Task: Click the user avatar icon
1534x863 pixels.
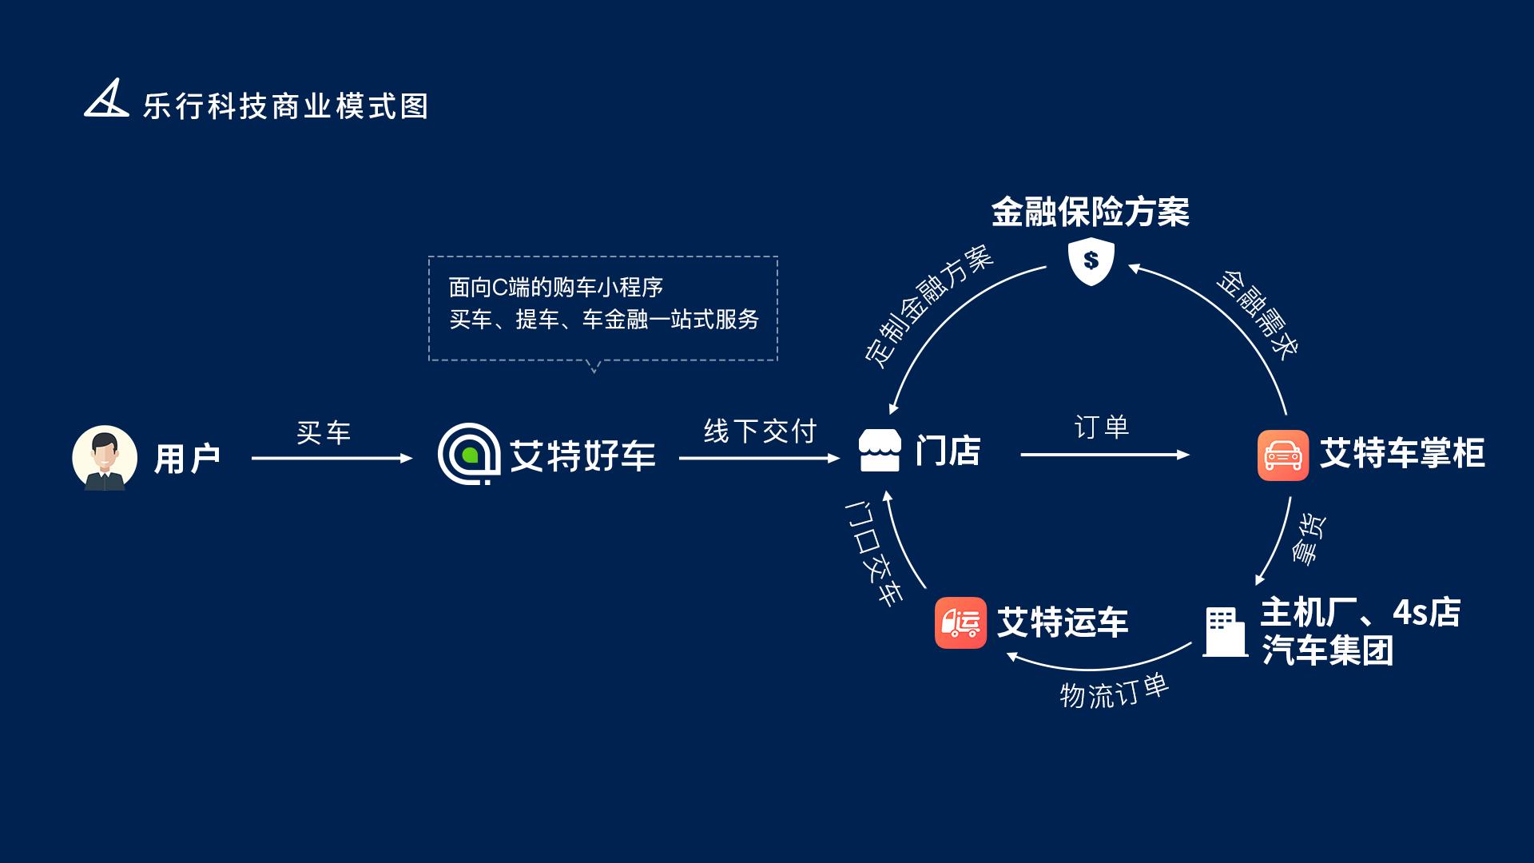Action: pos(105,458)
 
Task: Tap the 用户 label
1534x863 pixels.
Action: pos(187,459)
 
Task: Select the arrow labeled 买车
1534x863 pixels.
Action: pos(332,458)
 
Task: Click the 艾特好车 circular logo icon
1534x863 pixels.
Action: pos(469,454)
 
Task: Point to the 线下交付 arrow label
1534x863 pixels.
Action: pos(760,431)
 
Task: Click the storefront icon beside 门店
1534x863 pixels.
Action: pos(880,451)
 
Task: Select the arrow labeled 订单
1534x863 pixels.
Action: pos(1105,455)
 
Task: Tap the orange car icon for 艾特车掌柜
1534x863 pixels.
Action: pos(1283,455)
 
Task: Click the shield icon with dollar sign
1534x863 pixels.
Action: pos(1091,260)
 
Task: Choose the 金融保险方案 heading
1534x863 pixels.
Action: pos(1091,212)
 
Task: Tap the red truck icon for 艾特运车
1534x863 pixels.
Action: pos(960,622)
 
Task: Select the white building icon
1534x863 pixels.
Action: pos(1225,632)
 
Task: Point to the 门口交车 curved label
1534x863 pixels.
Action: pos(874,553)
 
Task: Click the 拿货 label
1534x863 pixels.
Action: pos(1309,539)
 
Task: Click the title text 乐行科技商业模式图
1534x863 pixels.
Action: pos(285,106)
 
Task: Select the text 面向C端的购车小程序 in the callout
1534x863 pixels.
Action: pos(556,287)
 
